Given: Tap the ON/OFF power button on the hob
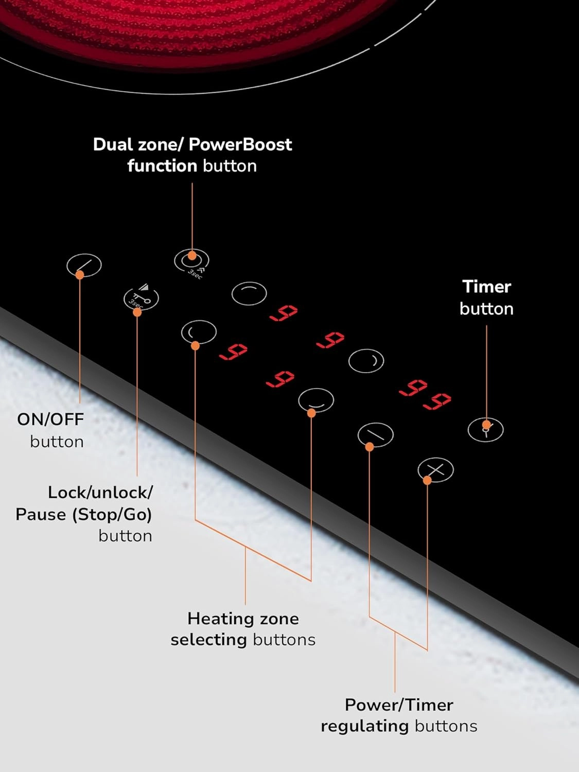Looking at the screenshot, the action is point(84,265).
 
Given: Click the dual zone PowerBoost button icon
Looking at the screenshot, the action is point(191,260).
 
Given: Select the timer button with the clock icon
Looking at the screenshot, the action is point(485,430).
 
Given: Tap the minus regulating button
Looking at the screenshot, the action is point(376,435).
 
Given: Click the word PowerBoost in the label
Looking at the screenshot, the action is point(240,145).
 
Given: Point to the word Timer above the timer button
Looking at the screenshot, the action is point(486,287).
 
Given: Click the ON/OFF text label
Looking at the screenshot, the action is point(50,419).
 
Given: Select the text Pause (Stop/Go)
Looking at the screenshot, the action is point(84,515).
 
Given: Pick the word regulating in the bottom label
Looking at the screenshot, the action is point(364,726).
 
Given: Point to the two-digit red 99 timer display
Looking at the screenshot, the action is point(425,394).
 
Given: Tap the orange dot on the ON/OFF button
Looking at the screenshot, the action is point(80,275).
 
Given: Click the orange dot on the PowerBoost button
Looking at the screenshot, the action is point(192,255).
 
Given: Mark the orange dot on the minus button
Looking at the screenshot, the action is point(370,447).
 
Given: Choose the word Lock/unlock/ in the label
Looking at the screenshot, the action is point(100,493).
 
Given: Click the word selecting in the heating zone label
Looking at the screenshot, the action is point(209,640).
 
